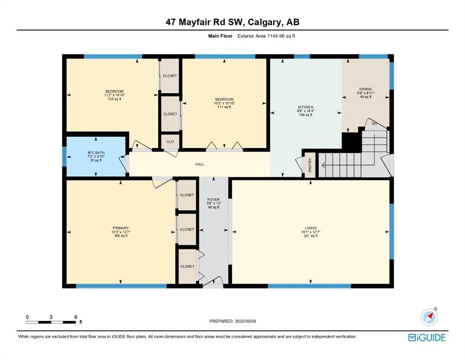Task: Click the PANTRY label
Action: (x=310, y=165)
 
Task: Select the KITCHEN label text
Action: (x=306, y=107)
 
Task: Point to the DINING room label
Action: (x=365, y=89)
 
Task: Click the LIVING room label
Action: (x=310, y=228)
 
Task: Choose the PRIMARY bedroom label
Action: (x=121, y=228)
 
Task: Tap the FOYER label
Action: (x=214, y=200)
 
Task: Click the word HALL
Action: (x=199, y=164)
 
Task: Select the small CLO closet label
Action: (x=170, y=142)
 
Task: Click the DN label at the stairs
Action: (x=374, y=123)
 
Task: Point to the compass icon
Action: (x=429, y=316)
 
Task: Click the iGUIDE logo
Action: (x=427, y=338)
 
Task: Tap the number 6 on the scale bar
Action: (x=75, y=317)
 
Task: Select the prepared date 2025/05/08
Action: (x=245, y=321)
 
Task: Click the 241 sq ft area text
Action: (x=310, y=236)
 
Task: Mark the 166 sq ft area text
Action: (x=121, y=236)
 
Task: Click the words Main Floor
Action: (x=221, y=36)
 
